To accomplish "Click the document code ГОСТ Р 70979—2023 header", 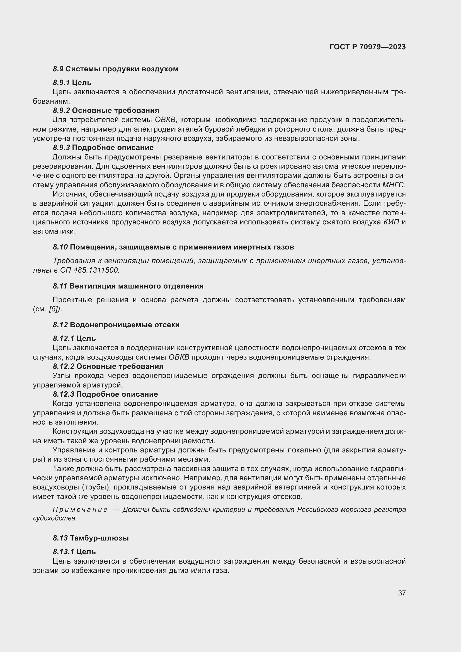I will pyautogui.click(x=367, y=47).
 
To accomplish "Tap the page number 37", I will pyautogui.click(x=402, y=593).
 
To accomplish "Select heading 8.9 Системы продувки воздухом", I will pyautogui.click(x=116, y=69).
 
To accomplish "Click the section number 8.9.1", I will pyautogui.click(x=61, y=83).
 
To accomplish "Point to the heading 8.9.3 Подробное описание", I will pyautogui.click(x=103, y=148).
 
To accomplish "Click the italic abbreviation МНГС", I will pyautogui.click(x=393, y=185).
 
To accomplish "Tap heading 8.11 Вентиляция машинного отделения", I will pyautogui.click(x=128, y=286).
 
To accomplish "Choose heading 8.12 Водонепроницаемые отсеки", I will pyautogui.click(x=116, y=325).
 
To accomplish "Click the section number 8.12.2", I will pyautogui.click(x=63, y=366).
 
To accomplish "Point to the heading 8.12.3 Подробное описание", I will pyautogui.click(x=105, y=394).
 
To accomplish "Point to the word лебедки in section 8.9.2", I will pyautogui.click(x=243, y=130).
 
